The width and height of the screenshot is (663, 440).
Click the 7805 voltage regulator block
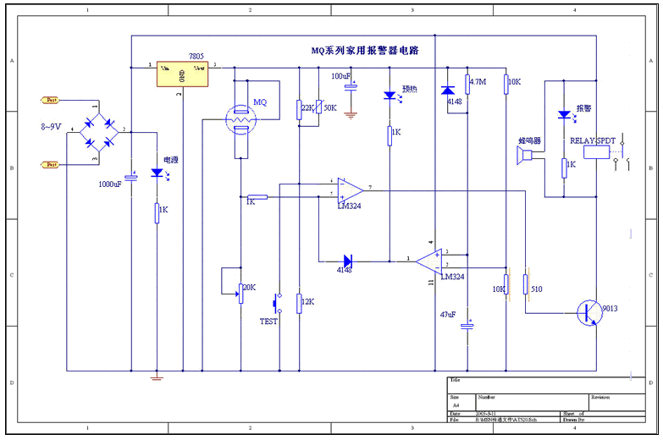(183, 74)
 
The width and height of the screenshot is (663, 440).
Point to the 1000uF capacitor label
(110, 184)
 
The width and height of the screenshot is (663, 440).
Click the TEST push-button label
(268, 322)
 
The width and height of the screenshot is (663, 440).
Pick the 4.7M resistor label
(478, 82)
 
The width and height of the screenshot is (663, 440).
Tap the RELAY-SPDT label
(594, 140)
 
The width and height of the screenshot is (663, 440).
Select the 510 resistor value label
(537, 289)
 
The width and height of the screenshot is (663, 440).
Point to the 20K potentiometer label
(249, 288)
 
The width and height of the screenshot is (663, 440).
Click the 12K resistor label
(307, 302)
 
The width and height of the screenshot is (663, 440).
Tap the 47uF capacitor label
(448, 314)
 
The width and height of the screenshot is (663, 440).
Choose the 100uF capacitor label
(342, 76)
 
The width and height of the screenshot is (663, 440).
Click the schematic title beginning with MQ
(364, 51)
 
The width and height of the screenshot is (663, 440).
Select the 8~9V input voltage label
(50, 127)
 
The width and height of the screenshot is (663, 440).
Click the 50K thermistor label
(330, 108)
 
